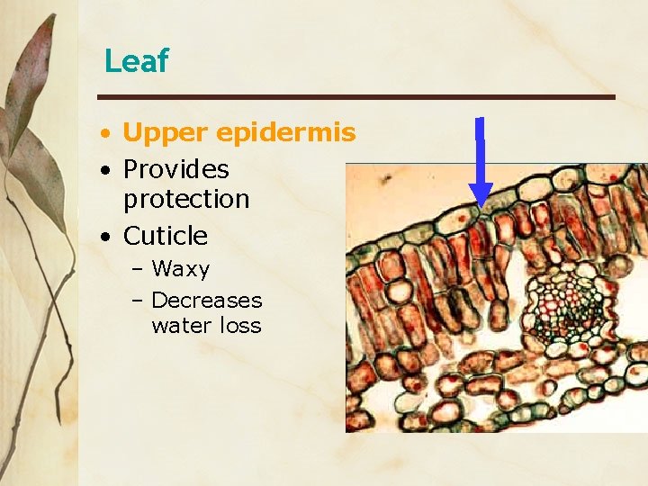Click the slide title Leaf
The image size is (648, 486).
pyautogui.click(x=136, y=61)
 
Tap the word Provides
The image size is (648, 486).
pyautogui.click(x=175, y=169)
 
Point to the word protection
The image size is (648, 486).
pyautogui.click(x=185, y=199)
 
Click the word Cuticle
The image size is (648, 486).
pyautogui.click(x=165, y=236)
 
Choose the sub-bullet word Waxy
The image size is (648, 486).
pyautogui.click(x=180, y=269)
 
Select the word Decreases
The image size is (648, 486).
pyautogui.click(x=206, y=300)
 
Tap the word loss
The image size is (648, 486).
pyautogui.click(x=240, y=326)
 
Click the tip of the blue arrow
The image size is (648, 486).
pyautogui.click(x=481, y=206)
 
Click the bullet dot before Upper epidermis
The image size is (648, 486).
pyautogui.click(x=106, y=134)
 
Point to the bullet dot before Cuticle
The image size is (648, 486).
pyautogui.click(x=106, y=237)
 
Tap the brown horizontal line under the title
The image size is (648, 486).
pyautogui.click(x=356, y=96)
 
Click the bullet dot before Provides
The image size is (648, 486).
pyautogui.click(x=106, y=170)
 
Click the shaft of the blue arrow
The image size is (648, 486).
pyautogui.click(x=481, y=148)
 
